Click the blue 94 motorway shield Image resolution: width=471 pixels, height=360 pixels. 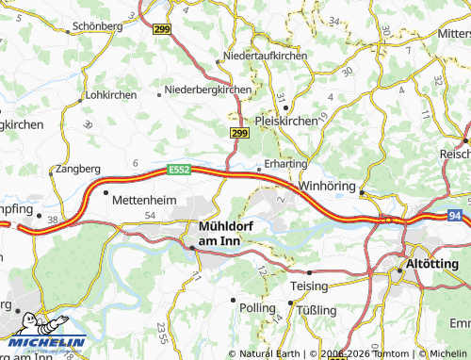456,215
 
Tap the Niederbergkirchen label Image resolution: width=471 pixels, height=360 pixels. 208,90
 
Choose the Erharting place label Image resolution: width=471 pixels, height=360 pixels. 286,163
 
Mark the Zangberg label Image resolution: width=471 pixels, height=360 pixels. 77,168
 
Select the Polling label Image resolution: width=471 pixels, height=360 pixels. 257,308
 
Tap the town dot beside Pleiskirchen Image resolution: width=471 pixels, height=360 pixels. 285,107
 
